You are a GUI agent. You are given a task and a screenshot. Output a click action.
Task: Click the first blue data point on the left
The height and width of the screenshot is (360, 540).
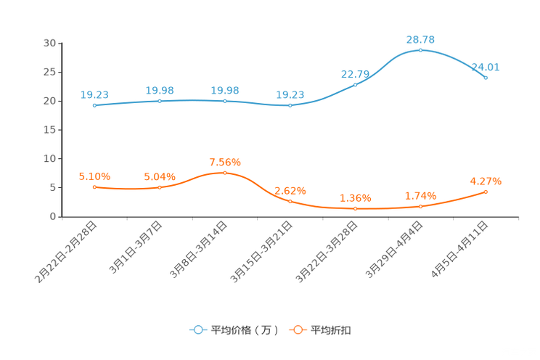[94, 105]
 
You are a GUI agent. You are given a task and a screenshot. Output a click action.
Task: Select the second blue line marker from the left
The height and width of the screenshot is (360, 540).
[160, 101]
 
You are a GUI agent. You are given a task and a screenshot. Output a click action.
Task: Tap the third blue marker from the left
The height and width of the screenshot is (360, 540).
[225, 102]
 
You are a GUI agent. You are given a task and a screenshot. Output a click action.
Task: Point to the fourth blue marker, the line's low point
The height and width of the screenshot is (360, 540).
[290, 106]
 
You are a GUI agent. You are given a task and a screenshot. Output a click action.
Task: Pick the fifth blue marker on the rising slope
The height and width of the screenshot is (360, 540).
[356, 84]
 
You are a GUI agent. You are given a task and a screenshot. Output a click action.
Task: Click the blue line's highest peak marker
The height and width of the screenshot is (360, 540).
[420, 50]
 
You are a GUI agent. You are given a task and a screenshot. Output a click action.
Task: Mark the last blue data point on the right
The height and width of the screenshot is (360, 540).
[486, 77]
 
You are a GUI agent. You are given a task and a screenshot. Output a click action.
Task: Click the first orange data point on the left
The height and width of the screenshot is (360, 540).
[94, 187]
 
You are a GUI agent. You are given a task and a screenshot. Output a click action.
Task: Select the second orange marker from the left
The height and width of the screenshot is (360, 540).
[160, 188]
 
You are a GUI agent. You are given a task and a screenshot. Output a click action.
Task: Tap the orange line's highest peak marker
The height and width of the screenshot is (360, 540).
[225, 173]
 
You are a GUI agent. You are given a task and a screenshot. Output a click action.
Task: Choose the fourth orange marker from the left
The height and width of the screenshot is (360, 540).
[290, 202]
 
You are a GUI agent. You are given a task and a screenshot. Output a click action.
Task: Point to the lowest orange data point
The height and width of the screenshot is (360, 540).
[356, 209]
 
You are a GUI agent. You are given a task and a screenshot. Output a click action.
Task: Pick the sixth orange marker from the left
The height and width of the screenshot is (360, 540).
[420, 207]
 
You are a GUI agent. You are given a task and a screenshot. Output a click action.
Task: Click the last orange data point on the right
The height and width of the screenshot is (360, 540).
[486, 192]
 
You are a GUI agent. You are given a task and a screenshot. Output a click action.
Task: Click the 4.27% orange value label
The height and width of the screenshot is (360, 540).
[486, 181]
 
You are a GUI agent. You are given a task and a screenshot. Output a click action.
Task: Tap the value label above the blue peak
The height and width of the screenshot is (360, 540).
[420, 38]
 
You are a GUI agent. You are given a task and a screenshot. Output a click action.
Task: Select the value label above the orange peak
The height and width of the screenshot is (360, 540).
[225, 161]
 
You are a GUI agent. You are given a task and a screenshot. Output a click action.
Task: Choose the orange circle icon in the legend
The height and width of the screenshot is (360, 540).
[298, 330]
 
